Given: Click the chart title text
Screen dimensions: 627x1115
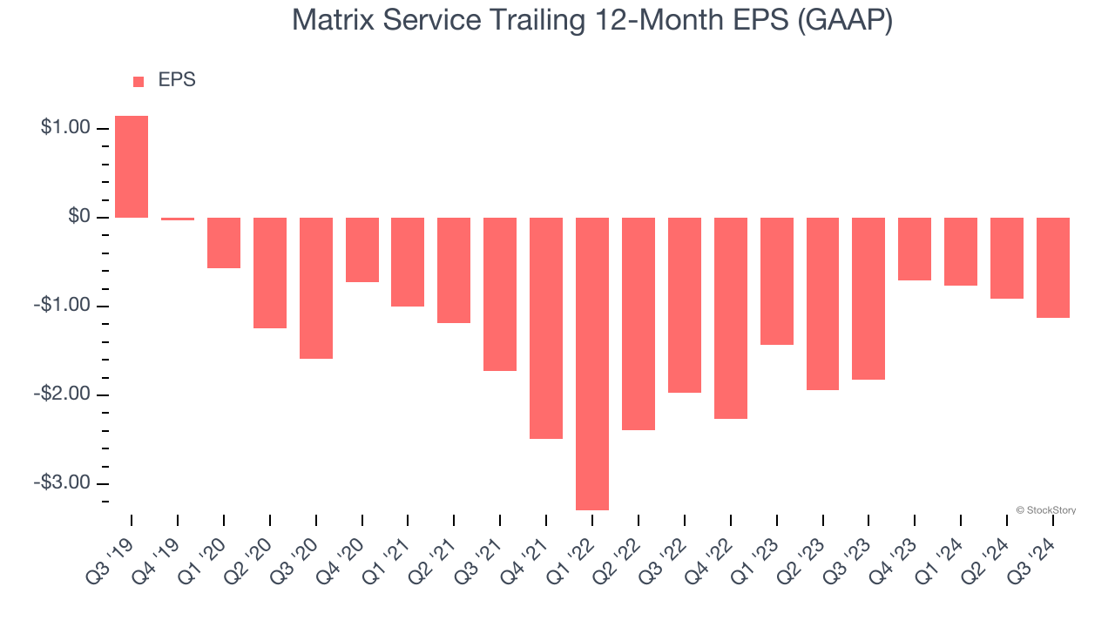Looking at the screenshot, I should click(x=592, y=20).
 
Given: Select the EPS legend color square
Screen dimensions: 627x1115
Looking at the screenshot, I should click(x=139, y=81).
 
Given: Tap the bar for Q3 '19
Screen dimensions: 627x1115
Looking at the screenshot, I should click(x=132, y=166).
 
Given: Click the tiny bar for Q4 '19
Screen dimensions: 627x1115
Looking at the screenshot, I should click(x=178, y=219).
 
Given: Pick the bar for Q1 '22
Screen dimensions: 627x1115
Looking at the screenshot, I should click(x=592, y=363).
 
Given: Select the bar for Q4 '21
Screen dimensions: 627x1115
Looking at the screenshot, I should click(x=546, y=327).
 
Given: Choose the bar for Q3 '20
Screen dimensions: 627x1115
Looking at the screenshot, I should click(x=316, y=287).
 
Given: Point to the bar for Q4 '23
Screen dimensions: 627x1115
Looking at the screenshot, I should click(x=915, y=249).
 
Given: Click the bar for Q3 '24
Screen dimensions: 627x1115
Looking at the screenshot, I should click(x=1052, y=267).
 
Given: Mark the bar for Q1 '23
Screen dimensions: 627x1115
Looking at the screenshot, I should click(x=776, y=280).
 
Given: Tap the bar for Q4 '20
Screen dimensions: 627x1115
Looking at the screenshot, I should click(x=362, y=250).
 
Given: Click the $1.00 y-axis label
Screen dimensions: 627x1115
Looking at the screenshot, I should click(x=65, y=128).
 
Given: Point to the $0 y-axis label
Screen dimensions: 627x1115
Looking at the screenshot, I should click(x=79, y=217).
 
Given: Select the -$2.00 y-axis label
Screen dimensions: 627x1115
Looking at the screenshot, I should click(x=63, y=394).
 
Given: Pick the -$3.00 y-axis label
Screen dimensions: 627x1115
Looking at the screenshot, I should click(x=63, y=483).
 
